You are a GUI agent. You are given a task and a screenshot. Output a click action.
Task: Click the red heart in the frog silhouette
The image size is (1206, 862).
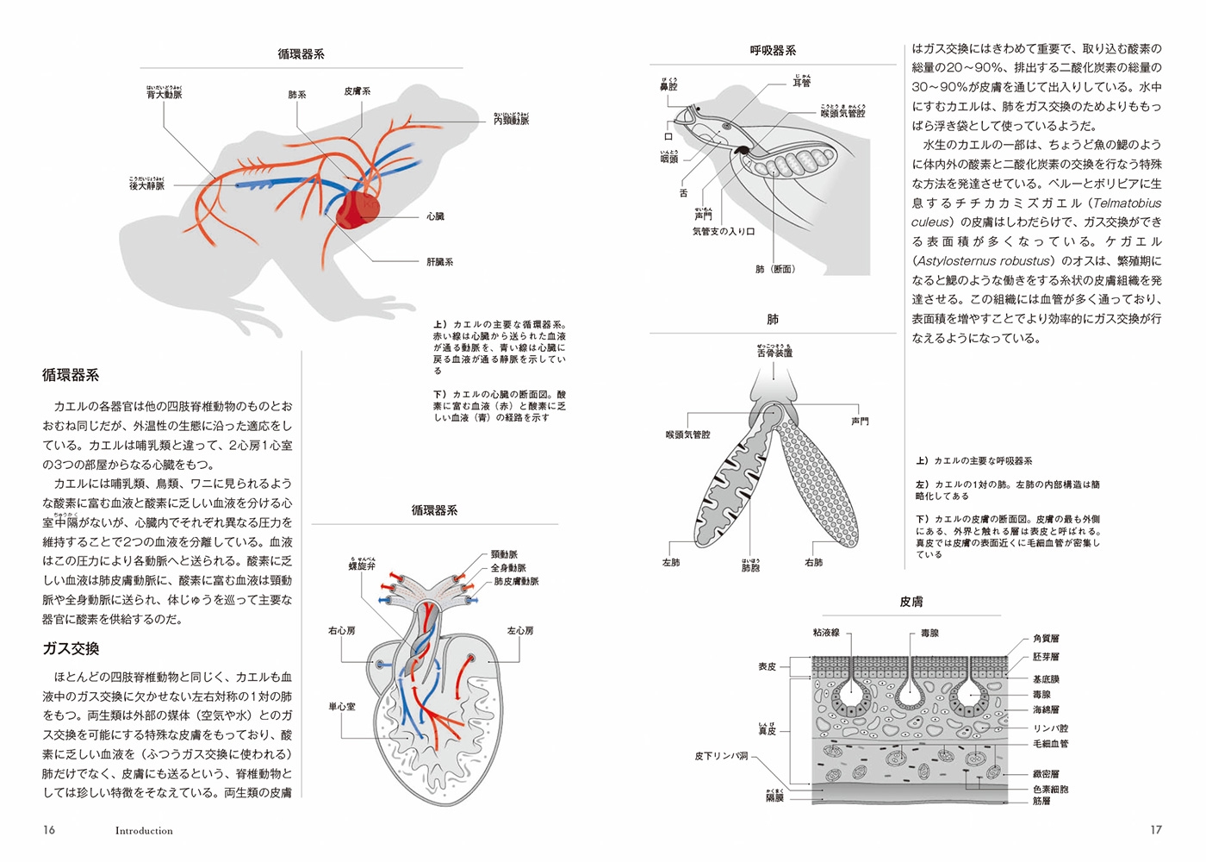(356, 209)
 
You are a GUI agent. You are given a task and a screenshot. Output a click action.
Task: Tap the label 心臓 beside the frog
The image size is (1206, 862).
(435, 216)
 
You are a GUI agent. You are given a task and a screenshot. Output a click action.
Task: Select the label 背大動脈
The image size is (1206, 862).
(164, 95)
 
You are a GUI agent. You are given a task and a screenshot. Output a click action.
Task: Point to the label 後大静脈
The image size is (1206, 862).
(146, 185)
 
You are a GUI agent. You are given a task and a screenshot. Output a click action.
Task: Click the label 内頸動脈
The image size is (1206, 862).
(511, 121)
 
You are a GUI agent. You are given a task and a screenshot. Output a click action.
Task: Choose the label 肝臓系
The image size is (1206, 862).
(439, 262)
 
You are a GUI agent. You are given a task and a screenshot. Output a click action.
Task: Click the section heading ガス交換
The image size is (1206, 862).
(71, 649)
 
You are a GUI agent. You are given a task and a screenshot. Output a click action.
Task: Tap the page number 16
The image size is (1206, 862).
(49, 830)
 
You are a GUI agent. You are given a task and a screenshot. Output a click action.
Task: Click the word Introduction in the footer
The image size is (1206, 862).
(144, 831)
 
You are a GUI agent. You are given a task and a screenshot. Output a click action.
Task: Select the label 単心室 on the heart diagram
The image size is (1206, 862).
(341, 707)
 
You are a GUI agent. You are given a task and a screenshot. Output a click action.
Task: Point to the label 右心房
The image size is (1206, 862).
(341, 631)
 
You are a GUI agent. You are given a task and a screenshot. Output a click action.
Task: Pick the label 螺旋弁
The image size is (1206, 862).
(362, 566)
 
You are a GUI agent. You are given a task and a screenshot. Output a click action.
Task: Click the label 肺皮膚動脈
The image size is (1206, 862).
(516, 582)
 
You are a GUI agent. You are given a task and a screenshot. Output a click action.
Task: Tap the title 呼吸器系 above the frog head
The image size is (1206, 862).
(773, 51)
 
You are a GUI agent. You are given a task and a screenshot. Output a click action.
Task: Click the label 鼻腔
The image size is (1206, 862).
(668, 87)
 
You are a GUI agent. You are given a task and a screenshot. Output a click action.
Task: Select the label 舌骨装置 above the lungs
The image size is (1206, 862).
(774, 353)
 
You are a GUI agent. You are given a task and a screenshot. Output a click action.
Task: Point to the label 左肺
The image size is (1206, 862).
(670, 563)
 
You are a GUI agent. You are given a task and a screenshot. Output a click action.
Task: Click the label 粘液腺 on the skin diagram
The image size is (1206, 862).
(826, 633)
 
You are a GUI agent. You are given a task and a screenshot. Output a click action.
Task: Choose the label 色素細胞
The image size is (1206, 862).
(1050, 789)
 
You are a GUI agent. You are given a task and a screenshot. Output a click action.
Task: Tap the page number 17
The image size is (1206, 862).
(1156, 830)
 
